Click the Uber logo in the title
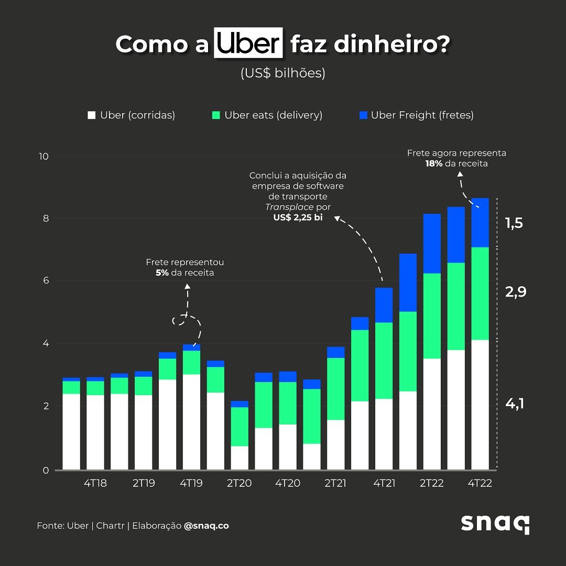(248, 43)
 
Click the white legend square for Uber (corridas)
(92, 115)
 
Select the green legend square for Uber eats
(216, 115)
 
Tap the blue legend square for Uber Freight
(363, 115)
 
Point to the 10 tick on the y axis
(43, 156)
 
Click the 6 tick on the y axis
(46, 280)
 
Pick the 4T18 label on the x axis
(95, 483)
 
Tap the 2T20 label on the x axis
(239, 483)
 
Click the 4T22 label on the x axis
(480, 483)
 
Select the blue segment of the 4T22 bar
(480, 223)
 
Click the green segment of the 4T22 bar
(480, 293)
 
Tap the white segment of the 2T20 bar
(240, 458)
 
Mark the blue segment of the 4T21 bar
(384, 305)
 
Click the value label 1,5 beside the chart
(514, 223)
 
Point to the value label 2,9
(515, 292)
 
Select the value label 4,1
(515, 404)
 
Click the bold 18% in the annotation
(433, 164)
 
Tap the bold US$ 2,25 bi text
(298, 217)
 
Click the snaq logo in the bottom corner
(495, 524)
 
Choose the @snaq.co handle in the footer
(206, 526)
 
